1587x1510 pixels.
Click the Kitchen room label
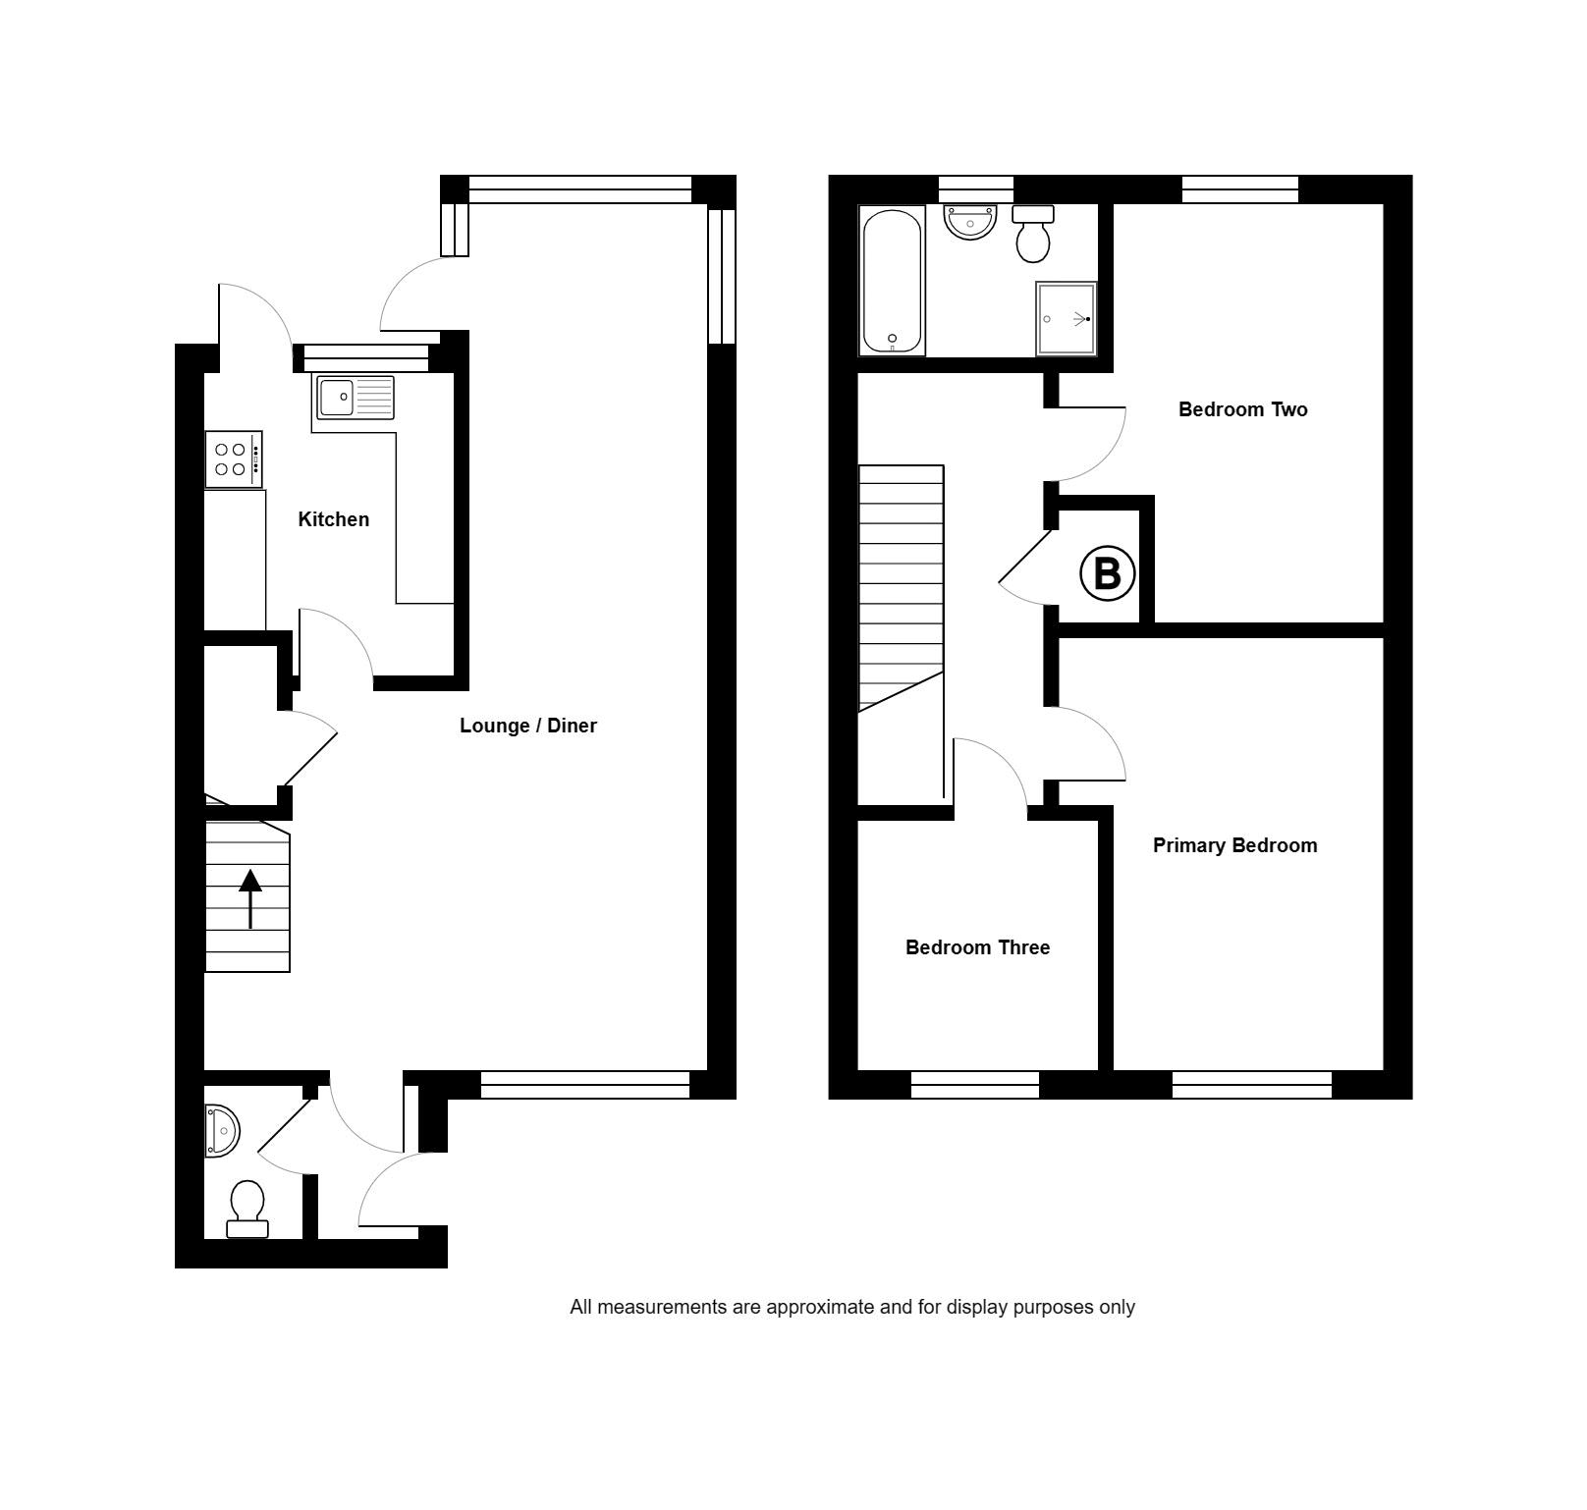(333, 519)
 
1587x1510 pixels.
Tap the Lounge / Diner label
(527, 726)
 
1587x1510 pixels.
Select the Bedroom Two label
(1242, 409)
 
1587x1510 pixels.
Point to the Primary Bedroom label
(1234, 845)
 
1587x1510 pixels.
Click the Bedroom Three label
(977, 947)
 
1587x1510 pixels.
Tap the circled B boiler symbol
(1107, 573)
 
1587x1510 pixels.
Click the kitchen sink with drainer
(355, 398)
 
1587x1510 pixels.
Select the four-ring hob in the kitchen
(233, 458)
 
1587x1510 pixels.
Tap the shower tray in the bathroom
(1066, 319)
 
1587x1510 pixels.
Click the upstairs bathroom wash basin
(970, 221)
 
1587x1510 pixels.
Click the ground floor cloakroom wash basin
(222, 1131)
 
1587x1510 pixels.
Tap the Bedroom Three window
(975, 1085)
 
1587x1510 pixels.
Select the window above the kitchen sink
(365, 358)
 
